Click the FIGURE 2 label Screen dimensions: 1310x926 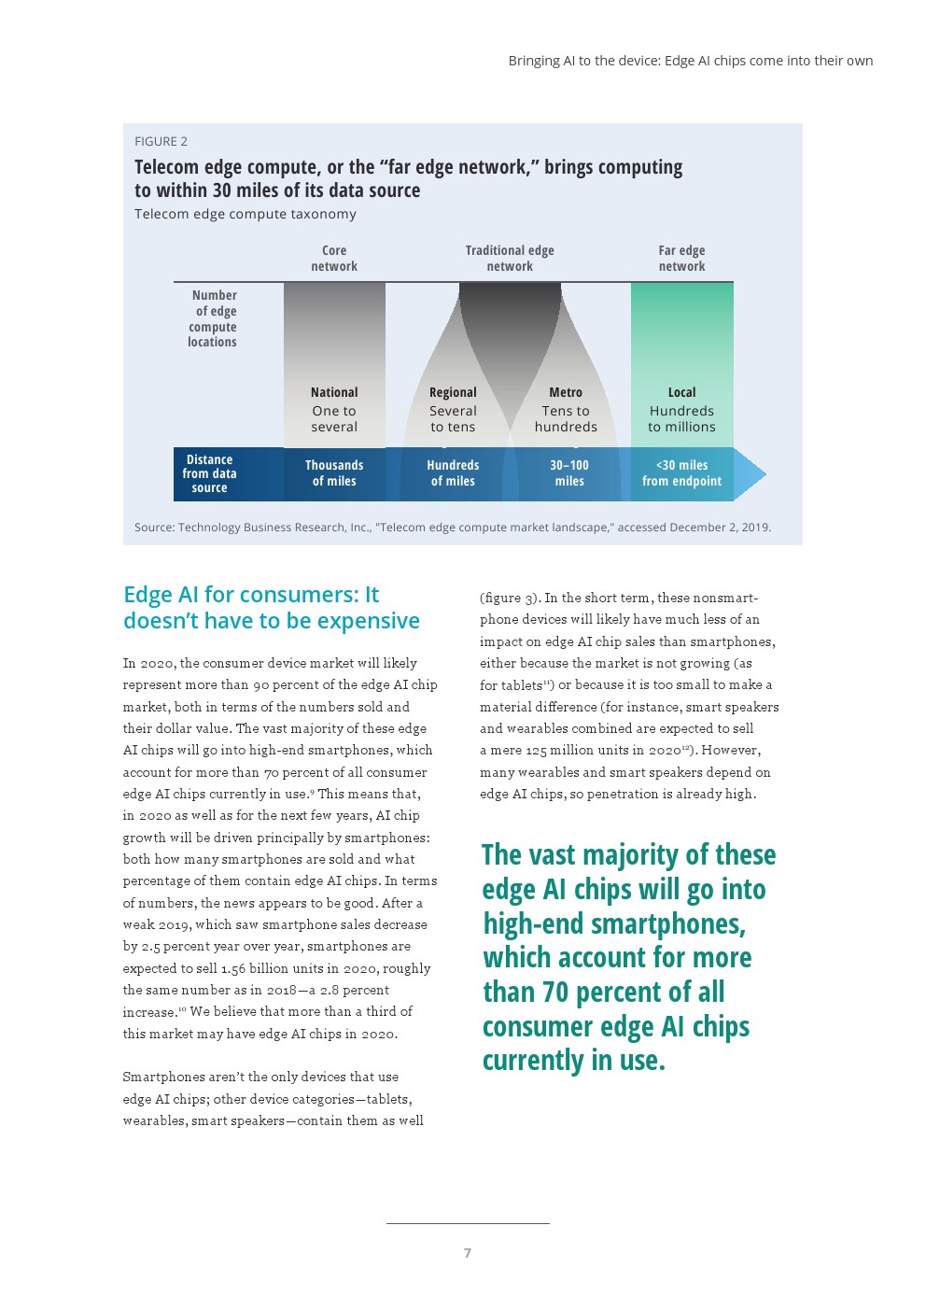161,141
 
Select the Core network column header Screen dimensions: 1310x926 334,259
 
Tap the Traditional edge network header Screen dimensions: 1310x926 510,259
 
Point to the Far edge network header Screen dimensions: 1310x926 681,259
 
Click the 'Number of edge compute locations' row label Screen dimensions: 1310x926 213,318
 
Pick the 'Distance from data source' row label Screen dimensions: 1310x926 210,473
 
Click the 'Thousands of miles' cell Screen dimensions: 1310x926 334,473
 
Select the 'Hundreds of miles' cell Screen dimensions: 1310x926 453,473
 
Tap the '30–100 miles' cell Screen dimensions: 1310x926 569,473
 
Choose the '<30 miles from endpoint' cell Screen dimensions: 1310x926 681,473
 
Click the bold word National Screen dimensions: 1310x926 334,392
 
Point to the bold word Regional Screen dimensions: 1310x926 453,392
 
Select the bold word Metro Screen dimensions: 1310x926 566,392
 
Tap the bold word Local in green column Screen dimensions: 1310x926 681,392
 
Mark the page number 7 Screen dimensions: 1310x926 468,1253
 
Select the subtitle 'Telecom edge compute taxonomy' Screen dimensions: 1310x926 246,214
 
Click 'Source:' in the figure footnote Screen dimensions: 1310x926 154,528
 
